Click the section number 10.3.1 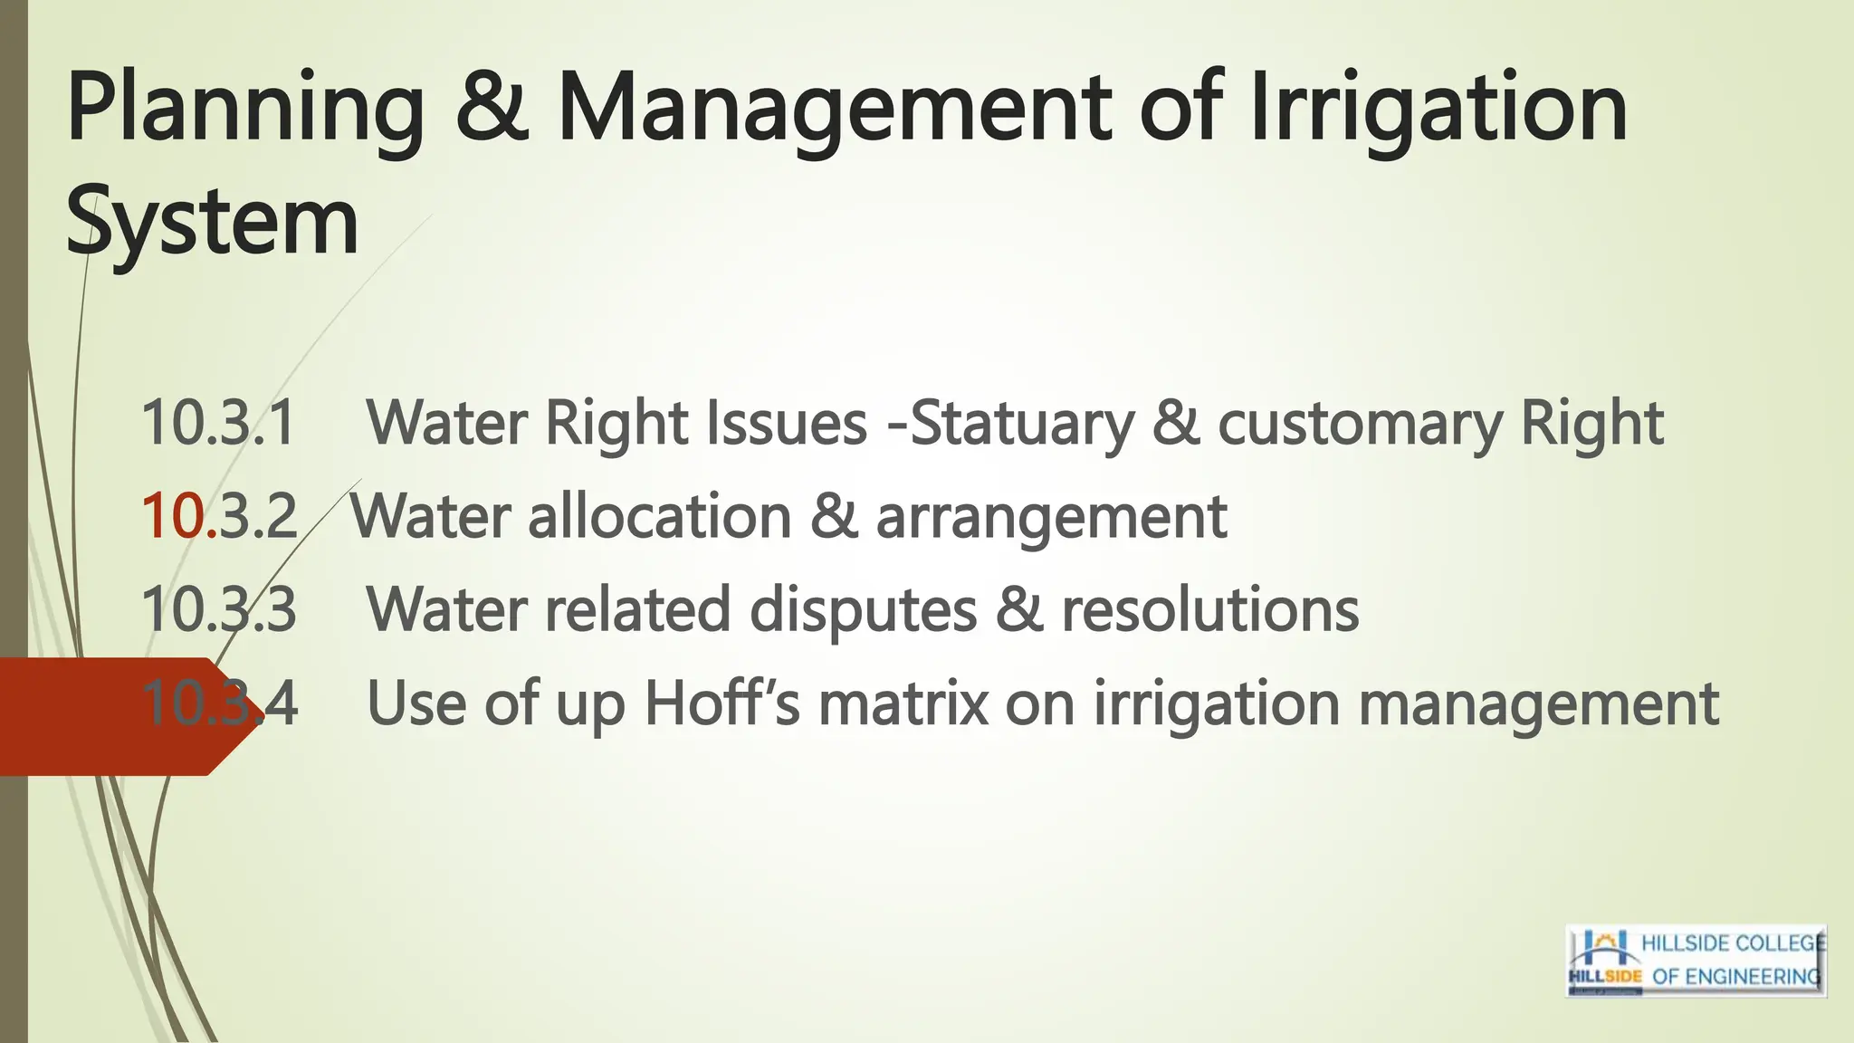coord(219,423)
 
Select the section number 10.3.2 coord(219,516)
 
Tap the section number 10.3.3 coord(219,609)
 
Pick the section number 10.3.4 coord(219,703)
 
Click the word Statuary coord(1021,424)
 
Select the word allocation coord(659,516)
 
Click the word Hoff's coord(722,703)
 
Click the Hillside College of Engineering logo coord(1696,961)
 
